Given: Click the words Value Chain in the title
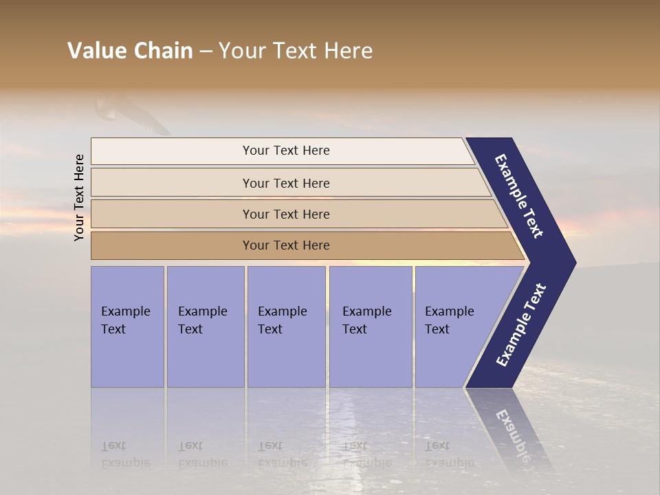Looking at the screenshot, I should (x=130, y=51).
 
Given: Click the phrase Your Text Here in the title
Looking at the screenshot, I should (x=296, y=51).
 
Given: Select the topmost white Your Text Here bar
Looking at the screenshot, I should (x=286, y=151).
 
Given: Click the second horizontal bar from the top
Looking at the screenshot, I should (x=286, y=183).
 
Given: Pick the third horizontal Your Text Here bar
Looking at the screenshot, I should (x=286, y=214).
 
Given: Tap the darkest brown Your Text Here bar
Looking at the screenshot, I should (x=286, y=245).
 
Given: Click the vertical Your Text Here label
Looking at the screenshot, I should (x=79, y=197).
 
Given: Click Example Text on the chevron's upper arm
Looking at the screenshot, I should (x=519, y=196).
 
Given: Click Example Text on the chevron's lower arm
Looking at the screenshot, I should (x=521, y=324).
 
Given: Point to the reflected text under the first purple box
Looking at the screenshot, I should (x=125, y=454).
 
